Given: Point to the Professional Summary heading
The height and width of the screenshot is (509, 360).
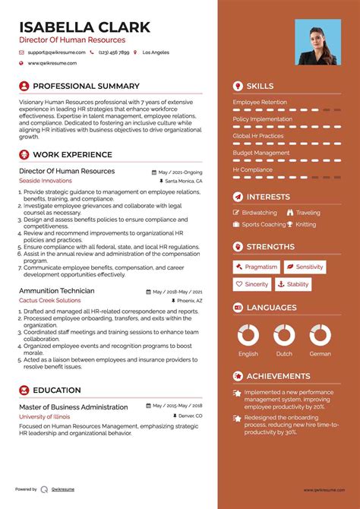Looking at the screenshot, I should (86, 87).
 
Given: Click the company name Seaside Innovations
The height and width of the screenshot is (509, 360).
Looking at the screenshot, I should (45, 181).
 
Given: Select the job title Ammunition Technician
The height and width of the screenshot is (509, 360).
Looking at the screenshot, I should (56, 291).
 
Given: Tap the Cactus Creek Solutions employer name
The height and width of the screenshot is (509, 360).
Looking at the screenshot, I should (49, 300).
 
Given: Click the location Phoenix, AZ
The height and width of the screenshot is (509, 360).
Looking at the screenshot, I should (188, 301).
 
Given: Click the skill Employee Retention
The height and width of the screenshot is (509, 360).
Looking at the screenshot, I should (260, 102).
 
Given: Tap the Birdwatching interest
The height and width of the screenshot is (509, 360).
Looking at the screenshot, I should (259, 213).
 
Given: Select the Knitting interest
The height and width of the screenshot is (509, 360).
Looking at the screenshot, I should (306, 224).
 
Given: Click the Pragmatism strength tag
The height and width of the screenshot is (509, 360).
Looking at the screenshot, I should (256, 267).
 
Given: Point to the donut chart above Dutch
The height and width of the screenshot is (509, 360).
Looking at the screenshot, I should (284, 335).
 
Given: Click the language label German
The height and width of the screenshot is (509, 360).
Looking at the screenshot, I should (321, 353).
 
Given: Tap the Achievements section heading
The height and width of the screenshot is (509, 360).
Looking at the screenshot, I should (278, 376).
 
